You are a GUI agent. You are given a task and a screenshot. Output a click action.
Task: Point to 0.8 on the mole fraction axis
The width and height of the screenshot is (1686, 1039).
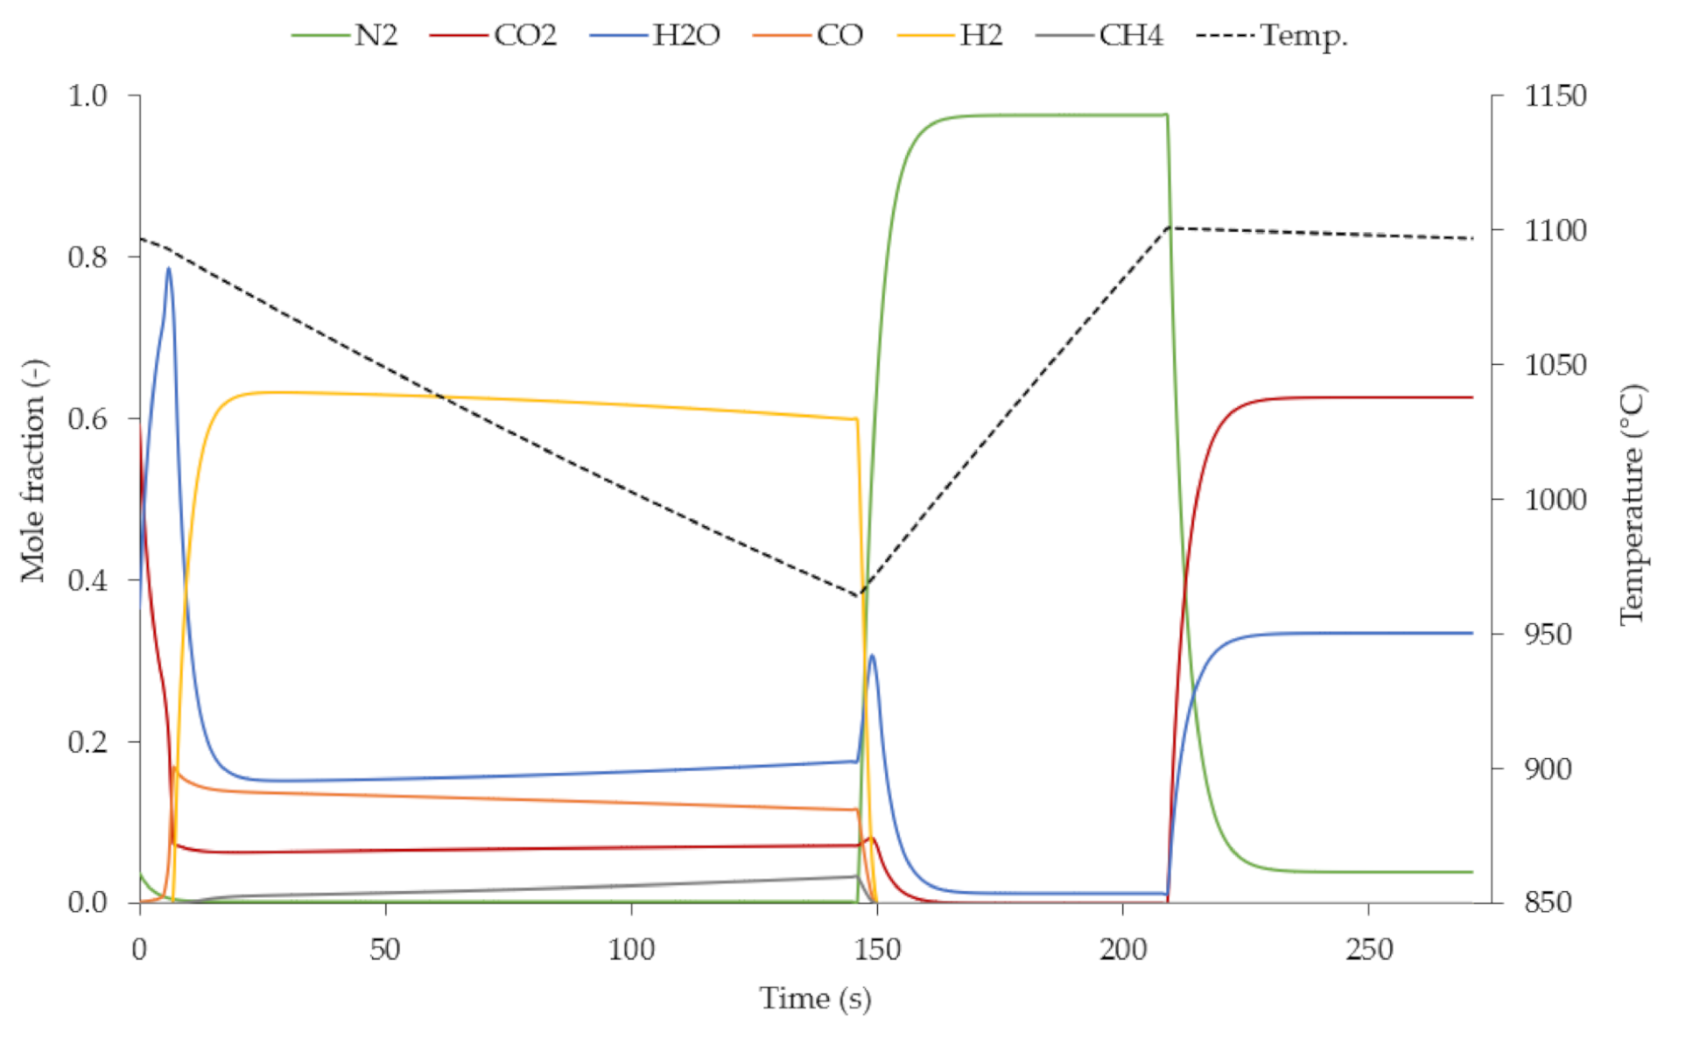tap(88, 257)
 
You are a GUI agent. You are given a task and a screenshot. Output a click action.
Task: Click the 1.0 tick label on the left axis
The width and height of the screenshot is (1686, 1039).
tap(88, 95)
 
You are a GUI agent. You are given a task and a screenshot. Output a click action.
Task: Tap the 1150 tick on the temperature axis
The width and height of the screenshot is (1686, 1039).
tap(1555, 95)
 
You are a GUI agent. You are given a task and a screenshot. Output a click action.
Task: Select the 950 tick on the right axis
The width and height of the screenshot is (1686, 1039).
tap(1555, 635)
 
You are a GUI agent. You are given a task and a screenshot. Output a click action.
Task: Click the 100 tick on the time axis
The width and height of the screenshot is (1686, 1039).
tap(631, 950)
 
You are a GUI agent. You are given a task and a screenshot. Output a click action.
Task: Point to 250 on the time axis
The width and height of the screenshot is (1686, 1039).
tap(1368, 950)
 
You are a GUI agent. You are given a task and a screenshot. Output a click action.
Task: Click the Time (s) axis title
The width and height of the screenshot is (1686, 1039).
tap(815, 999)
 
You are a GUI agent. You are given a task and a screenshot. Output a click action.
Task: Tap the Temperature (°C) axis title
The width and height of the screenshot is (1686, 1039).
tap(1631, 504)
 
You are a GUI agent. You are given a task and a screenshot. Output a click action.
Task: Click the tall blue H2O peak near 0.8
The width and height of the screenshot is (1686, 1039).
tap(169, 269)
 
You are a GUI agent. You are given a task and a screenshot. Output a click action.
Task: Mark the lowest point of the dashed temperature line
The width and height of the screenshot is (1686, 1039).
tap(860, 596)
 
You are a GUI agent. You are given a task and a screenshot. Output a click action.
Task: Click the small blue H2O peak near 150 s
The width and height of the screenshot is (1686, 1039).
tap(872, 656)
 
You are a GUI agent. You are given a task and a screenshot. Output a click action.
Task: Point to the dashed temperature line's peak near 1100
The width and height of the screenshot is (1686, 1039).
tap(1170, 228)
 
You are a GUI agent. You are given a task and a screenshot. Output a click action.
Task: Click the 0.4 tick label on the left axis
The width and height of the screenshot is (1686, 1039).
tap(88, 580)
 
